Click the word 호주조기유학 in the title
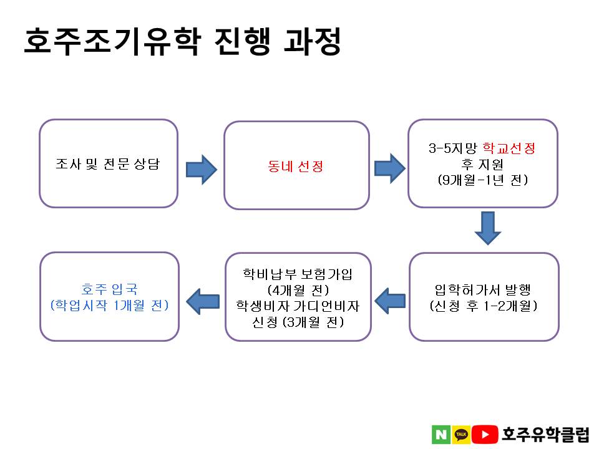click(x=112, y=41)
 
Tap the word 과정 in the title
click(x=313, y=41)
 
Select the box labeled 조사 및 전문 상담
click(x=109, y=163)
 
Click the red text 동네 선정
click(x=295, y=166)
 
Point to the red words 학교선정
click(x=509, y=148)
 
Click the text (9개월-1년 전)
click(x=483, y=180)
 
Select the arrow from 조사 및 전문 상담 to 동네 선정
click(x=202, y=170)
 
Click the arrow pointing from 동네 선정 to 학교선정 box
click(x=389, y=168)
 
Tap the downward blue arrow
click(x=488, y=228)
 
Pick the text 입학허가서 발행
click(x=483, y=290)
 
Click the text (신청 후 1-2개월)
click(x=483, y=306)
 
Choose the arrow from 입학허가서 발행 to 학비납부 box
click(x=390, y=301)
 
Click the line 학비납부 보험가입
click(x=298, y=274)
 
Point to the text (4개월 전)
click(x=298, y=290)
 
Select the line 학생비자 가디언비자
click(x=298, y=306)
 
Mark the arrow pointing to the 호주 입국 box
click(x=203, y=302)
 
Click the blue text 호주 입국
click(x=109, y=289)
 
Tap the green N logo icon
click(x=441, y=435)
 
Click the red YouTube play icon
click(x=485, y=435)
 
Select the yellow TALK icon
click(x=461, y=435)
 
